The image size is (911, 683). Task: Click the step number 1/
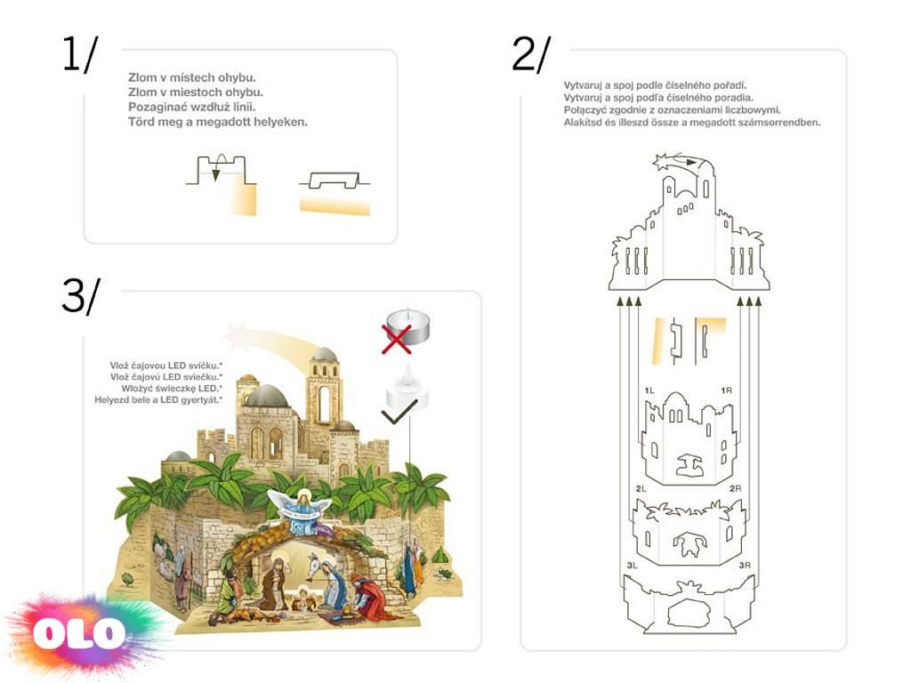80,54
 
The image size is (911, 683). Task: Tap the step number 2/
531,54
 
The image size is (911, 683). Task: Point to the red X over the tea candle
396,339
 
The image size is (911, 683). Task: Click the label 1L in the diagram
649,390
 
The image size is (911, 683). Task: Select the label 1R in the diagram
726,390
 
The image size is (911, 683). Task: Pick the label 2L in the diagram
641,488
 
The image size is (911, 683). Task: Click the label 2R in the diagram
735,488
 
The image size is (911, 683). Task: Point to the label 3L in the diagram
633,565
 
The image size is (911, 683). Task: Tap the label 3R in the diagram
745,565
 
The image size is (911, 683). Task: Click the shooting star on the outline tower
663,162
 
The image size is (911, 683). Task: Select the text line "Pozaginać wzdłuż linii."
192,107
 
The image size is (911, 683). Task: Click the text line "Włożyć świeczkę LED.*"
172,389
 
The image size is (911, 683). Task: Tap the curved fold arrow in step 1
219,165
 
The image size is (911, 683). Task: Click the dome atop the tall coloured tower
324,354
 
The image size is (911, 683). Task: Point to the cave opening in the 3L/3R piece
689,613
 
